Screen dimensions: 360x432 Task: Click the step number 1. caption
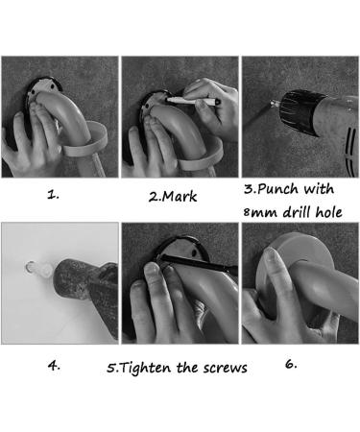tap(53, 194)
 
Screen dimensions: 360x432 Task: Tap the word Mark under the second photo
tap(180, 196)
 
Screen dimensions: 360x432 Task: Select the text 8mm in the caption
tap(260, 212)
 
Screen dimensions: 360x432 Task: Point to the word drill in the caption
tap(298, 211)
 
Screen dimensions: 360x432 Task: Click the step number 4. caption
tap(54, 365)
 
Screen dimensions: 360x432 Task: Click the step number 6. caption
tap(291, 364)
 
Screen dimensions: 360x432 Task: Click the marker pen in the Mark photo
tap(193, 101)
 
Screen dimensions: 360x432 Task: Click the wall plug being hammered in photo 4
tap(38, 268)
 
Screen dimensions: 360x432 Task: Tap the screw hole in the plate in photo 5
tap(194, 252)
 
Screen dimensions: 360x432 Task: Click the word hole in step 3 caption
tap(328, 212)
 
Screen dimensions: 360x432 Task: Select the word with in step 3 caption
tap(319, 189)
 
